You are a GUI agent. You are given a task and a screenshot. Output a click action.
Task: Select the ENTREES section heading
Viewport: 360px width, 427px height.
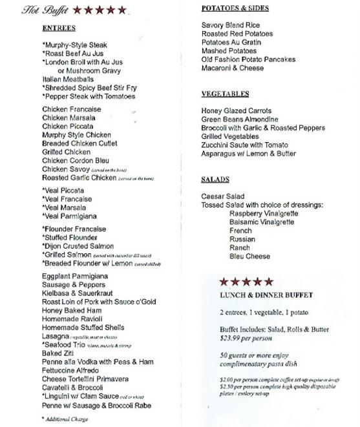[59, 29]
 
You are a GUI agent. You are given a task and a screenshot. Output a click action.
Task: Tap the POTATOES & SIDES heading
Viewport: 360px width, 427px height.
[235, 8]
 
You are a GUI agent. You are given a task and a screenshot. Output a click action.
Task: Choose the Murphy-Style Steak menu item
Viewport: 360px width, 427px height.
[74, 45]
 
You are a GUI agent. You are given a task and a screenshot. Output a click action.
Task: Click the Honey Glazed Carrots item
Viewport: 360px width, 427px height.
[236, 111]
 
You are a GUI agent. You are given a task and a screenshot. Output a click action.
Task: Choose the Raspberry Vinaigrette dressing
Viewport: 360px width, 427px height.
[264, 213]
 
